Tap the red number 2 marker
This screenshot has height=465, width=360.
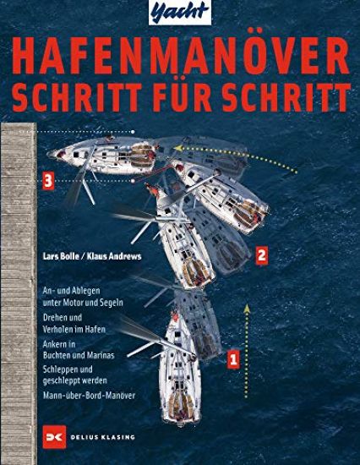click(x=262, y=253)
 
